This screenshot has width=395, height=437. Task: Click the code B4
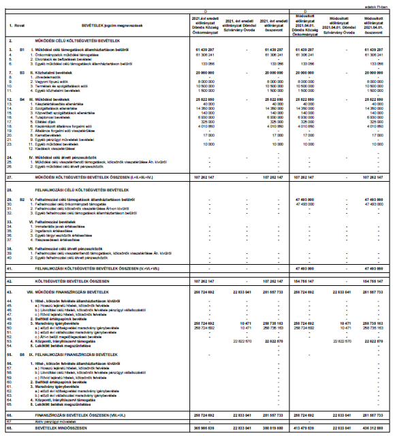tap(22, 98)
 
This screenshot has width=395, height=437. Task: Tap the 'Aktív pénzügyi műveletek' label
tap(46, 422)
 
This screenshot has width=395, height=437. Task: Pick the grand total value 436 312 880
tap(374, 428)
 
